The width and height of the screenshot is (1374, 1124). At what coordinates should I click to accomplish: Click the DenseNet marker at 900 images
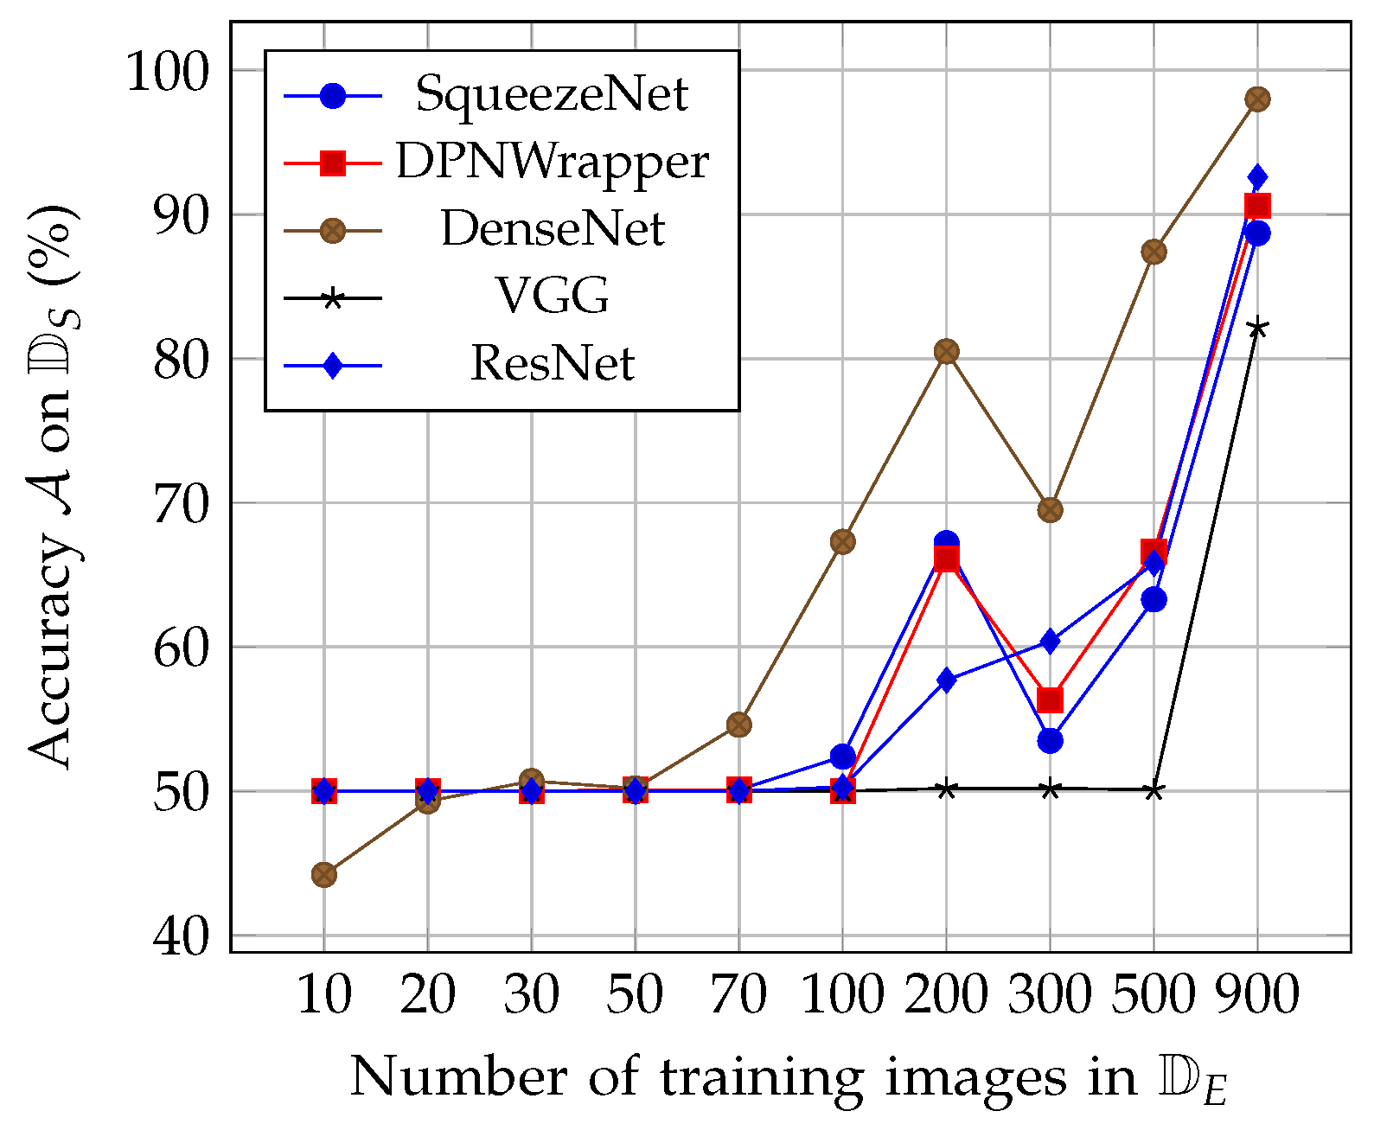click(x=1257, y=99)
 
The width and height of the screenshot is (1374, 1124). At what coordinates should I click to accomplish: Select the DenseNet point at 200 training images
click(x=946, y=352)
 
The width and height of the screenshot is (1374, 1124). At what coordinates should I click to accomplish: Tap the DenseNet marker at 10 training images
click(x=324, y=875)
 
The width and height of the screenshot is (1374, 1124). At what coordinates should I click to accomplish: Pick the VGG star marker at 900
click(x=1257, y=329)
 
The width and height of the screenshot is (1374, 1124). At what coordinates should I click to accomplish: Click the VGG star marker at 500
click(x=1154, y=790)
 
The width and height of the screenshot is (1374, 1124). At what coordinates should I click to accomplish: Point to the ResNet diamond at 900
click(x=1257, y=177)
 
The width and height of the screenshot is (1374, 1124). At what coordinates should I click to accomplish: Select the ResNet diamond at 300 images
click(x=1050, y=642)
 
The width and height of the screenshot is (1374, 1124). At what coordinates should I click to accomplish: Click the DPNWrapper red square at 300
click(x=1050, y=699)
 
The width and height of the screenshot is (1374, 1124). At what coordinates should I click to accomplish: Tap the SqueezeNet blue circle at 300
click(x=1050, y=741)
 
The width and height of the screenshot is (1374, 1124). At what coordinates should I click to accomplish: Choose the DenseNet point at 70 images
click(x=738, y=725)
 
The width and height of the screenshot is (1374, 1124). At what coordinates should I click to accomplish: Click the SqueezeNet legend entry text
click(x=552, y=93)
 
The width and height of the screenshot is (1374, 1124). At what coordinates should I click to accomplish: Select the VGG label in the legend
click(x=552, y=297)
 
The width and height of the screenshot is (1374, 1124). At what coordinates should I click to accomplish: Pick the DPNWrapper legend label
click(x=552, y=162)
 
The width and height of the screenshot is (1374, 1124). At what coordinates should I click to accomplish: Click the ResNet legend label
click(x=552, y=364)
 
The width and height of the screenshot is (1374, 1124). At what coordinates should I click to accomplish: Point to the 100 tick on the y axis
click(x=169, y=72)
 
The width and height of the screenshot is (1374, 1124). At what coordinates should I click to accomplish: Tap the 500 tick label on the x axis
click(x=1154, y=995)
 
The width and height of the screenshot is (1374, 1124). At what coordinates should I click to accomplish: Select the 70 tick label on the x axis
click(x=738, y=995)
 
